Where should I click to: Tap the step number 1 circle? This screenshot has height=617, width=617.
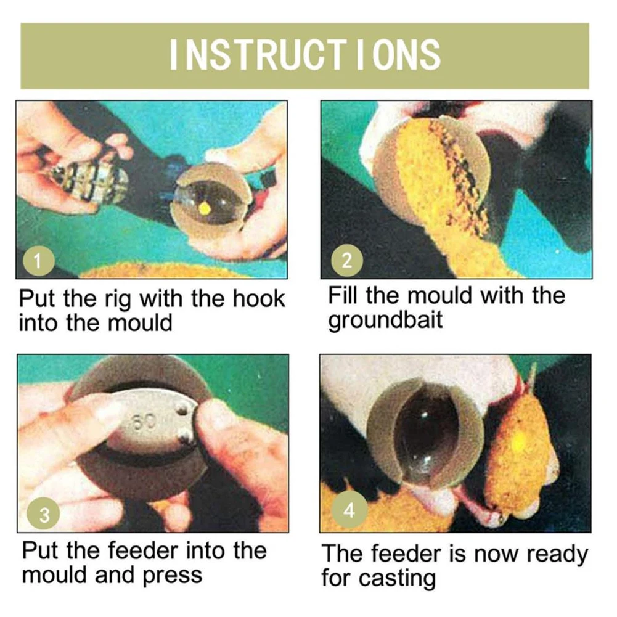pos(38,261)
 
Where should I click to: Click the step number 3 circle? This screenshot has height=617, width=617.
pos(44,515)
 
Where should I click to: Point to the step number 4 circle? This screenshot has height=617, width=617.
pos(349,510)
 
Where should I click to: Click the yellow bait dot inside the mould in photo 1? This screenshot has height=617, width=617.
pos(205,208)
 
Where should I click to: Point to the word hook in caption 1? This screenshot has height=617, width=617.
pos(258,299)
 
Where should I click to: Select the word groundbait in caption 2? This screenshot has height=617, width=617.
pos(386,321)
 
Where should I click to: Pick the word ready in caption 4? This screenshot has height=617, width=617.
pos(557,555)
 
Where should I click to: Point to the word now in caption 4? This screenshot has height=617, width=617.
pos(497,554)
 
